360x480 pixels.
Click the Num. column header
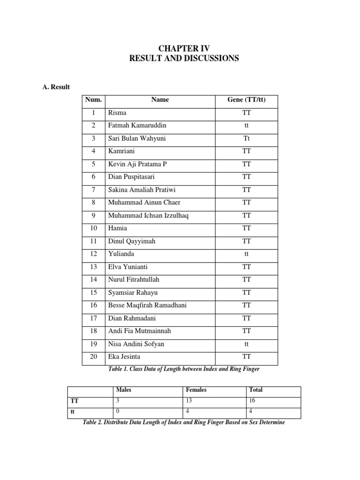[93, 100]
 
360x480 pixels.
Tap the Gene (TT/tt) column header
[247, 100]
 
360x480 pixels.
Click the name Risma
[117, 113]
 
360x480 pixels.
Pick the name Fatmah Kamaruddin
[136, 126]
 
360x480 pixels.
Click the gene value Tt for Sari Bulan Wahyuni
[247, 139]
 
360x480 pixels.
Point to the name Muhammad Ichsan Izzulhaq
[148, 216]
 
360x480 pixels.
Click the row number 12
[93, 254]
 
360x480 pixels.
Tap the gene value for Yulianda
[247, 254]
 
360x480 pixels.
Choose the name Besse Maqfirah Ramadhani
[147, 305]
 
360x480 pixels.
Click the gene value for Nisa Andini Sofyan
[247, 344]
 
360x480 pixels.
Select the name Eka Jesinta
[124, 357]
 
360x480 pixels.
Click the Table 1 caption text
[183, 369]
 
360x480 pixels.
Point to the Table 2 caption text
[183, 422]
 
